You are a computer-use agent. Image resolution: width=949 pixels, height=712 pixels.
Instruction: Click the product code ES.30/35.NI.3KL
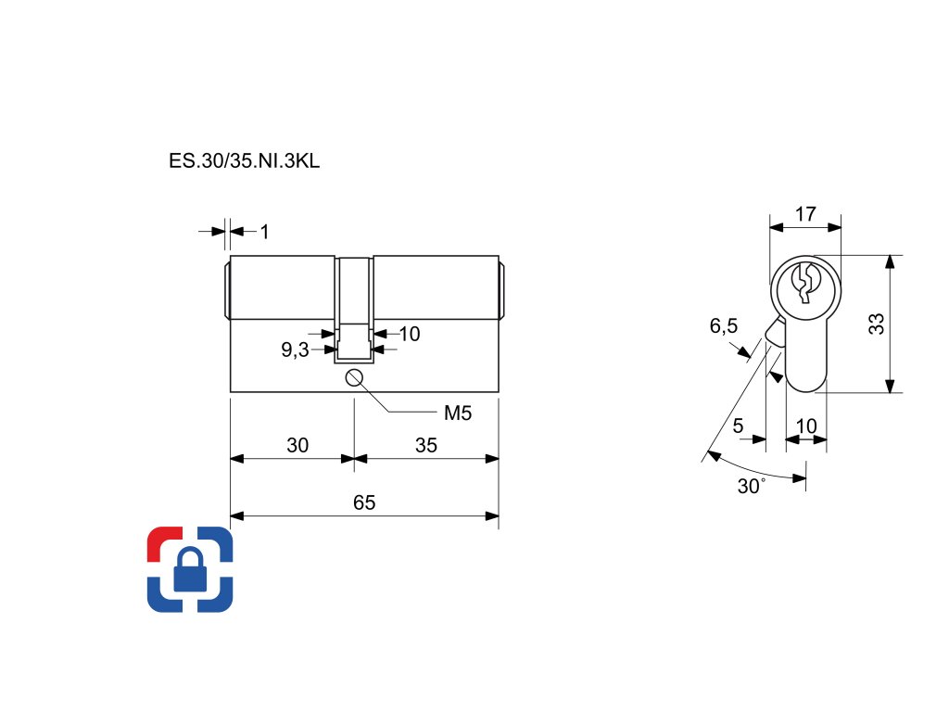245,160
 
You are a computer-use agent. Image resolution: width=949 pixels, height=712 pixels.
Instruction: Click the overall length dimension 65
364,502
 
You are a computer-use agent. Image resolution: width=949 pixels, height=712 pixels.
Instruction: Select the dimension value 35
425,445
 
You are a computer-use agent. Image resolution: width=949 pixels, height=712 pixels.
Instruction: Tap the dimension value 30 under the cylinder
297,445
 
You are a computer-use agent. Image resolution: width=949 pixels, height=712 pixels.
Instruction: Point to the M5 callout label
458,413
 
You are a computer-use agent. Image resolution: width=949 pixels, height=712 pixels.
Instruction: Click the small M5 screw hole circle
353,376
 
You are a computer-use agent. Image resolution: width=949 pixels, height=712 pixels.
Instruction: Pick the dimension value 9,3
296,350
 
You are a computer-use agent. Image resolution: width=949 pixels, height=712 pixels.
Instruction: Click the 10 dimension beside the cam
409,334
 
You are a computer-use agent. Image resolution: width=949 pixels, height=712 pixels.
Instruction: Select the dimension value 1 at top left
264,232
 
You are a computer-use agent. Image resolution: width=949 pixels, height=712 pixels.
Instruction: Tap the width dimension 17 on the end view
805,213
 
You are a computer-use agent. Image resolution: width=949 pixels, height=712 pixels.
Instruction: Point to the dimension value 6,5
724,326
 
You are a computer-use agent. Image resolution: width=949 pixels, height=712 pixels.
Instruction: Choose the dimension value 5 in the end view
738,426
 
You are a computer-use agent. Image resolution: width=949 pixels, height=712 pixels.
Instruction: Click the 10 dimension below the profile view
806,426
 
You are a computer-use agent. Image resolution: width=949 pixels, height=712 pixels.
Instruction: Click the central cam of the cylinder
354,306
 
